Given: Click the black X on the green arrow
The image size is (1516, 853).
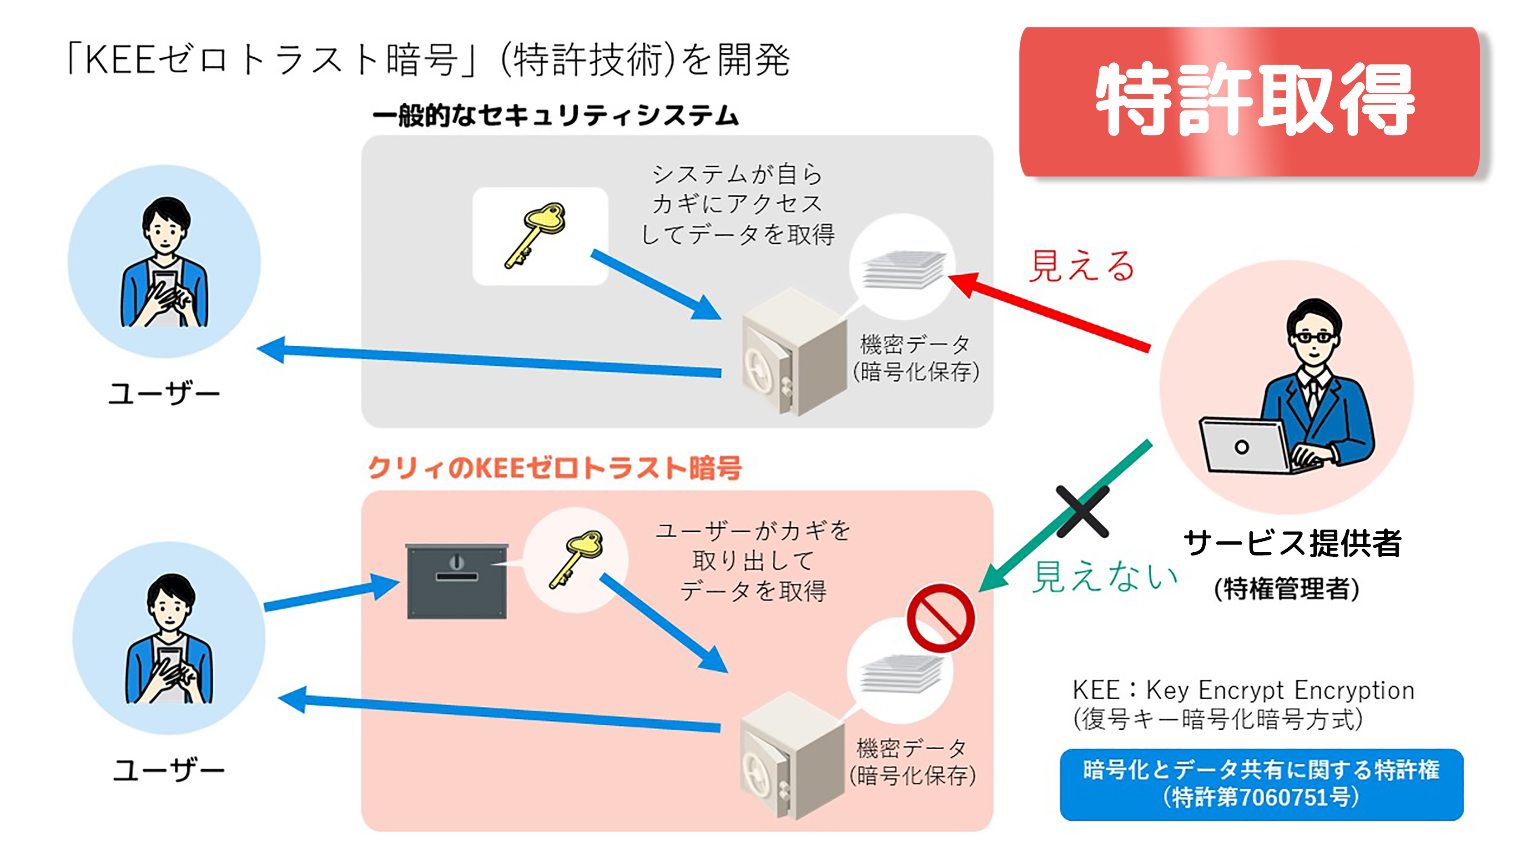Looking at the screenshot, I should point(1082,511).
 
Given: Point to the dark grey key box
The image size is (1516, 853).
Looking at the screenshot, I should point(457,581).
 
